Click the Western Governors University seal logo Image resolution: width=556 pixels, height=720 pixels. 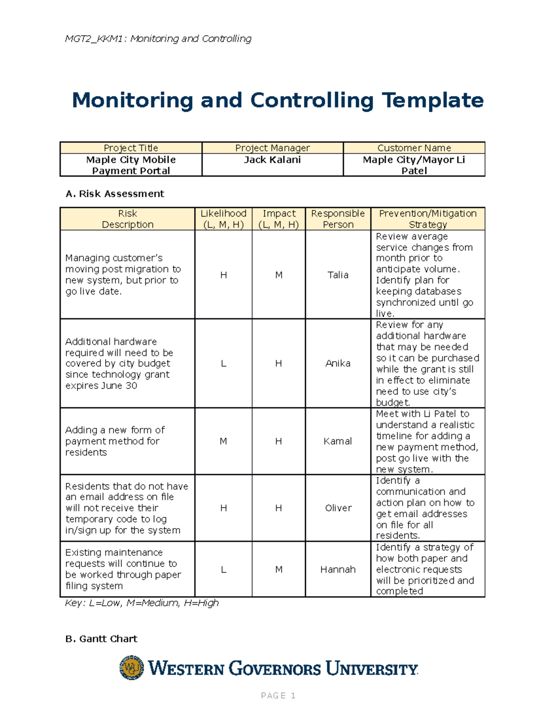coord(132,668)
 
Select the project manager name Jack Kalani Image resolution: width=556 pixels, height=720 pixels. coord(272,160)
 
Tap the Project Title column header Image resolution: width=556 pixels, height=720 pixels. coord(131,148)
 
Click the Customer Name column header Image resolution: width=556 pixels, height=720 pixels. coord(414,148)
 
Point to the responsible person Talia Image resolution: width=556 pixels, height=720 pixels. coord(338,275)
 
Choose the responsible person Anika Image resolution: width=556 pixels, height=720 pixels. coord(338,363)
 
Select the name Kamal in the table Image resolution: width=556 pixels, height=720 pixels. coord(338,441)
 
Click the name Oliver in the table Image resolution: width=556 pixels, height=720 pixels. coord(338,508)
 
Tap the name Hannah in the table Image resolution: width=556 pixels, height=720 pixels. coord(338,569)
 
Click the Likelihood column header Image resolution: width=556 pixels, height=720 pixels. coord(223,219)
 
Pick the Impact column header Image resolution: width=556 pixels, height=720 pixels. coord(278,219)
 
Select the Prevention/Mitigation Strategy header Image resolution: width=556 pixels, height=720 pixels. coord(428,219)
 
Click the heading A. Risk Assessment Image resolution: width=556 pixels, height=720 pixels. coord(115,194)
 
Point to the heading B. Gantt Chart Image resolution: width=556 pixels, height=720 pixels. coord(101,639)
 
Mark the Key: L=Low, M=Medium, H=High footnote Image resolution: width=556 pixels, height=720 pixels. coord(142,603)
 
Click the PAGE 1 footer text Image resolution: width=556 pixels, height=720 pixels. coord(278,695)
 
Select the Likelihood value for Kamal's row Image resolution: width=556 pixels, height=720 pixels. coord(223,441)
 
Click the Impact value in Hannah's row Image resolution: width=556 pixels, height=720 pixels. coord(278,569)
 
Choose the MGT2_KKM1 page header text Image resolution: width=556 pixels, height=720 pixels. coord(158,38)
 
